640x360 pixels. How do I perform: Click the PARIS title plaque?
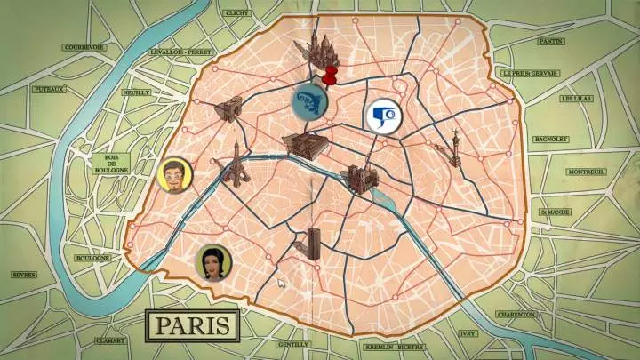[192, 324]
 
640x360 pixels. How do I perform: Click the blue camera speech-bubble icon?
[381, 116]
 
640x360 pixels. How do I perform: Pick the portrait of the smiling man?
[174, 175]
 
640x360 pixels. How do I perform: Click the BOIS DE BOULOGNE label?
[110, 165]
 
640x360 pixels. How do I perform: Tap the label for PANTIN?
[551, 41]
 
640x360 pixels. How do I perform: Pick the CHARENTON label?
[516, 314]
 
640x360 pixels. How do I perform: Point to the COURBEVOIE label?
[84, 47]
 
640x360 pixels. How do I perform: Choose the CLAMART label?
[110, 340]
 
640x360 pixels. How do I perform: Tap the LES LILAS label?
[574, 99]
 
